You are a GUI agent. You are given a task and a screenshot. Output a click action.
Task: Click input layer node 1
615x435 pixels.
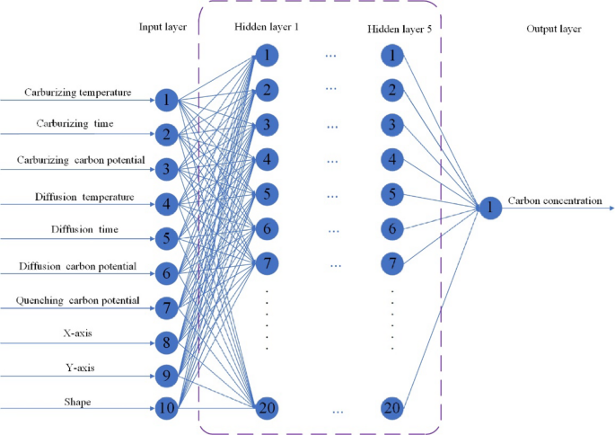(166, 99)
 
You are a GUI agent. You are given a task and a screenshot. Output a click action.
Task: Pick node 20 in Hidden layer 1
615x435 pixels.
(267, 408)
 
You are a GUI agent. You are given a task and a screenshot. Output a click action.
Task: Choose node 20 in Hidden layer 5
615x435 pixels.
(392, 408)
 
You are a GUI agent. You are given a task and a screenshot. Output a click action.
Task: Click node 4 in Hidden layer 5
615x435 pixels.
(392, 159)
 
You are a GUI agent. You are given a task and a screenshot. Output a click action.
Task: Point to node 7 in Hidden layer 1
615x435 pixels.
(267, 264)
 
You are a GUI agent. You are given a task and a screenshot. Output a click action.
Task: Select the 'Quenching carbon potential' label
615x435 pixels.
(80, 300)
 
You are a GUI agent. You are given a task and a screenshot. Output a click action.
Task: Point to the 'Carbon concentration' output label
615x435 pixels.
(555, 201)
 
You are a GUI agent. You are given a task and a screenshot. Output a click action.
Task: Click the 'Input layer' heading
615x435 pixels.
(163, 28)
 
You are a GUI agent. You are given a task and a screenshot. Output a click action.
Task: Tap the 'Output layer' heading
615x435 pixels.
(553, 29)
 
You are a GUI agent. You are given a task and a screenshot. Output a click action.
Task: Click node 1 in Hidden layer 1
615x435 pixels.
(267, 56)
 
